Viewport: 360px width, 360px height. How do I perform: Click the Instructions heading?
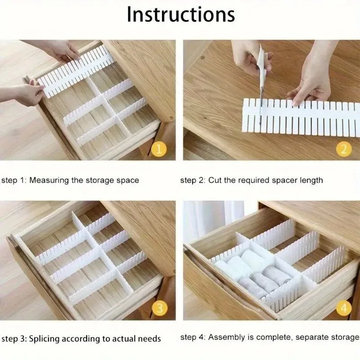(181, 14)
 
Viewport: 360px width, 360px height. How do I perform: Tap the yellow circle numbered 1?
(159, 149)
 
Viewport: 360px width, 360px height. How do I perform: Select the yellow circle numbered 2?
(344, 149)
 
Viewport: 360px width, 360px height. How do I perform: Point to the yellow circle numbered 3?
(160, 308)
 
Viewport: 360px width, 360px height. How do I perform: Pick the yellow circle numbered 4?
(344, 308)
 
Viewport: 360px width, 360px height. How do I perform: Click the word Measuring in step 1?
(49, 180)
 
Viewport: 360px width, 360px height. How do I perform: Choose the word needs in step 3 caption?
(149, 339)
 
